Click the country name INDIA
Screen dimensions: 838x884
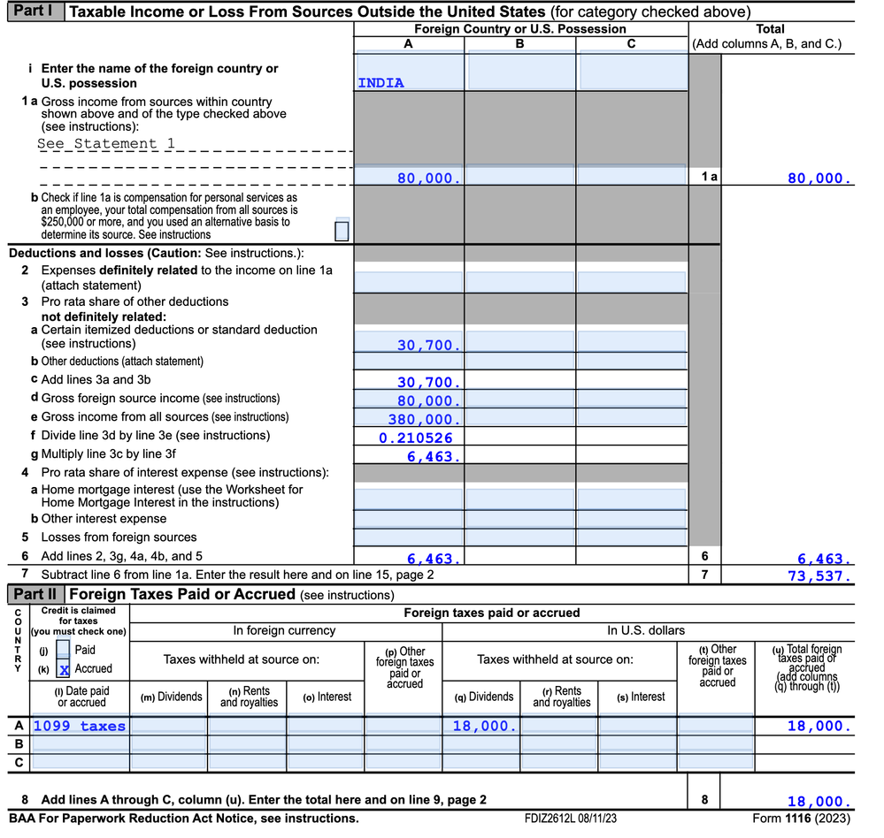click(381, 83)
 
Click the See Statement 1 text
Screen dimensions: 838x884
click(106, 143)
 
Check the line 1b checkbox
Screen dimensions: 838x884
click(342, 231)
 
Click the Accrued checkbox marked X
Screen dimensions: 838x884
click(64, 669)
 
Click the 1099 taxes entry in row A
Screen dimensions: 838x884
click(80, 726)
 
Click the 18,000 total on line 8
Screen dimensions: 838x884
click(820, 802)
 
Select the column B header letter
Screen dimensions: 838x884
click(519, 43)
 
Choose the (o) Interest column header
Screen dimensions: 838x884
click(327, 697)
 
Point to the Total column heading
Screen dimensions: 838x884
click(770, 29)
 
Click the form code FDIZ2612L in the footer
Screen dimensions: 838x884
click(569, 819)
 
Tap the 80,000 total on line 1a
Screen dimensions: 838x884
click(820, 179)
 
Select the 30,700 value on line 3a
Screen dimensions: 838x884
click(428, 346)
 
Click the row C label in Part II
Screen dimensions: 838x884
click(19, 761)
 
